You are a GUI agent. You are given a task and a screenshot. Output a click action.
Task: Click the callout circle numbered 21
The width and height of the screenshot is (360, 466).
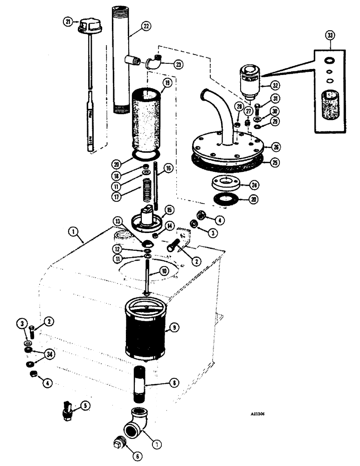click(x=68, y=22)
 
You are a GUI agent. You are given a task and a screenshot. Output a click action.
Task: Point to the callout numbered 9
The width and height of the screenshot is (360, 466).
click(x=174, y=329)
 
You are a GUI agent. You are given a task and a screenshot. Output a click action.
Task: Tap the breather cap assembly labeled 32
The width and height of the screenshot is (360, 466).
click(x=248, y=82)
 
